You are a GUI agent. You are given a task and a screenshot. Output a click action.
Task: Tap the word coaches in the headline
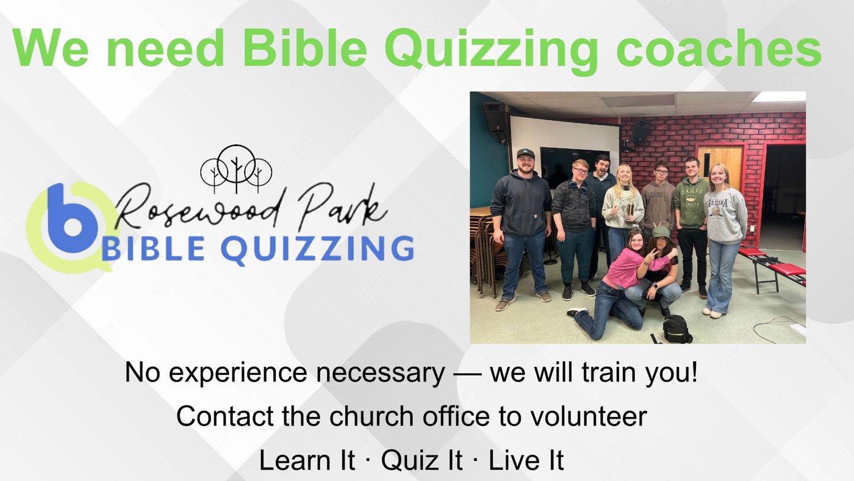pos(719,48)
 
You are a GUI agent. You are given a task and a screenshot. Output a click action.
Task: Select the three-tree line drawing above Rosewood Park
pos(236,169)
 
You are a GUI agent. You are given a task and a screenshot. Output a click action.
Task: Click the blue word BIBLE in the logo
pos(153,248)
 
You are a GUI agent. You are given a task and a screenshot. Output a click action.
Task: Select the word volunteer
pos(589,416)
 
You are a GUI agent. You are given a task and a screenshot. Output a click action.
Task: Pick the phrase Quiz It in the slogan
pos(422,460)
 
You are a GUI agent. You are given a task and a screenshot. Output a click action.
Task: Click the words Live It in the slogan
pos(526,460)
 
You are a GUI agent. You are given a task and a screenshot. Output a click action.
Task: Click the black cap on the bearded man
pos(526,154)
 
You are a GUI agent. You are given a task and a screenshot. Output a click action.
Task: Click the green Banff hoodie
pos(691,203)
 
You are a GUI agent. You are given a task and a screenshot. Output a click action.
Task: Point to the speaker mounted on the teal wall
pos(494,117)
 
